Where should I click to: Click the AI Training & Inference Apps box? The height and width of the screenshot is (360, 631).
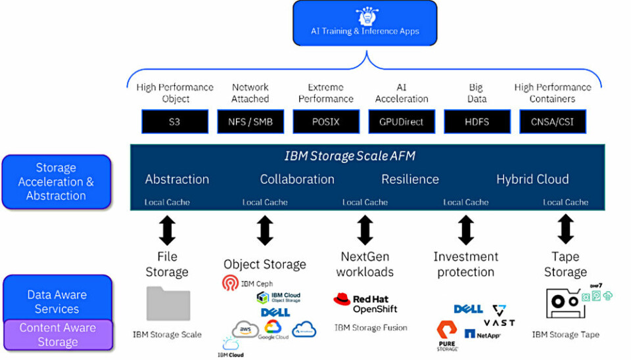tap(364, 23)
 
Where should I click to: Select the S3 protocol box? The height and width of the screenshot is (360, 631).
tap(174, 122)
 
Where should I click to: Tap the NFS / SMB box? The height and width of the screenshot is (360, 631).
tap(250, 122)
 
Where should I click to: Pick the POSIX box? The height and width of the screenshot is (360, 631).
tap(326, 122)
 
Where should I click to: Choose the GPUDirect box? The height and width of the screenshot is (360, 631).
tap(402, 122)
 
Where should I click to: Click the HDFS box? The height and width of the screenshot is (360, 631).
tap(477, 122)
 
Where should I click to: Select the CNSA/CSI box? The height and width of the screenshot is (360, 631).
tap(553, 122)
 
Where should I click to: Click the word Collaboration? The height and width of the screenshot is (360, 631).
tap(297, 179)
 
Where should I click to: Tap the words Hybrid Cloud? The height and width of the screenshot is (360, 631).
tap(532, 179)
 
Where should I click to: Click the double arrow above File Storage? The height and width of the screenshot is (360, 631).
tap(168, 231)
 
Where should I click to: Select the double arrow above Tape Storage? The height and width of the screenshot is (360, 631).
tap(565, 231)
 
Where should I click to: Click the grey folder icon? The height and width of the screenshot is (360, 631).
tap(168, 304)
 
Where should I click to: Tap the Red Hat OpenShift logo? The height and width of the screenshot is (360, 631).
tap(365, 304)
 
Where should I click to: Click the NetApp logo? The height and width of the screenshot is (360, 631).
tap(482, 334)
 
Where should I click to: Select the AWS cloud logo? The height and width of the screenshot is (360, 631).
tap(245, 328)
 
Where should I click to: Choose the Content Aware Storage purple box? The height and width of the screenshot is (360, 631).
tap(57, 335)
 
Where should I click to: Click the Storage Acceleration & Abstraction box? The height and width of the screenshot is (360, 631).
tap(56, 181)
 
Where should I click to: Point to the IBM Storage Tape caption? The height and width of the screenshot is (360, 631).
tap(565, 335)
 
